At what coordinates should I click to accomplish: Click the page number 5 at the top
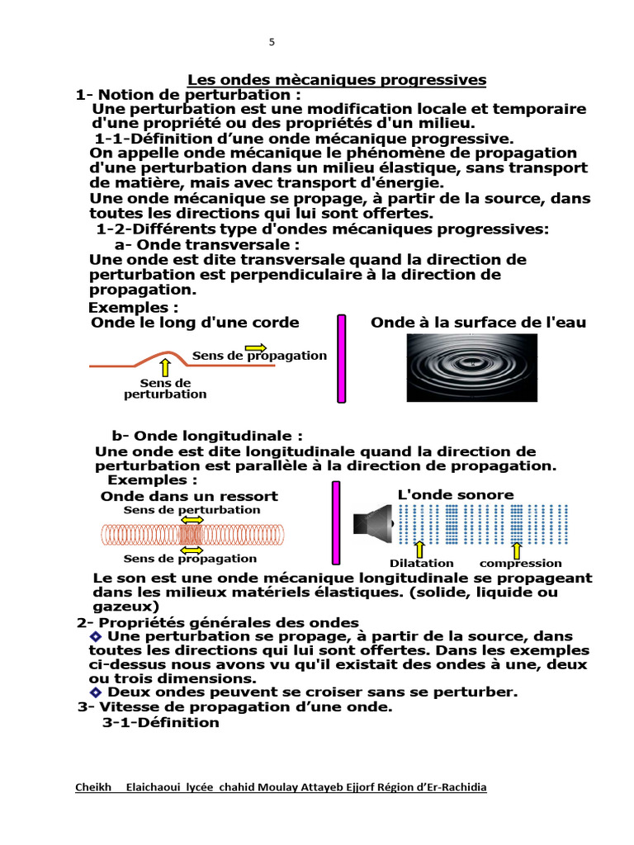click(272, 42)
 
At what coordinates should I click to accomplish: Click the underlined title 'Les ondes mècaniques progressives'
click(337, 80)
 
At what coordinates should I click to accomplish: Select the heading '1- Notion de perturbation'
click(188, 94)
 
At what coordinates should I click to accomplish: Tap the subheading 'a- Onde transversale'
click(206, 245)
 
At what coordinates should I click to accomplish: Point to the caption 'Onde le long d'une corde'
click(195, 323)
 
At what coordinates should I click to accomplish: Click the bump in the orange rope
click(162, 356)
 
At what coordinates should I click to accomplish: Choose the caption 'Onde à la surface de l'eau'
click(478, 323)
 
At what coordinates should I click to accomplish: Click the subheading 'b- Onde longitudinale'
click(207, 436)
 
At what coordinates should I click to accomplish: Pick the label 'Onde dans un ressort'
click(189, 496)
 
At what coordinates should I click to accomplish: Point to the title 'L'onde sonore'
click(456, 494)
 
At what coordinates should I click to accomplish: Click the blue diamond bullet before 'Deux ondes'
click(96, 692)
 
